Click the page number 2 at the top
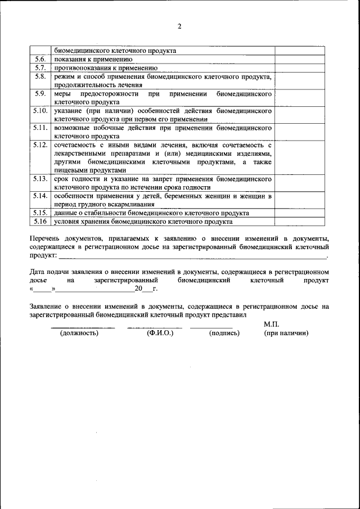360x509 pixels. click(x=179, y=26)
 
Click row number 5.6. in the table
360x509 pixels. click(x=40, y=58)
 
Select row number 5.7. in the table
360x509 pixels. click(x=40, y=67)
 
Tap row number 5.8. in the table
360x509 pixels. click(x=40, y=76)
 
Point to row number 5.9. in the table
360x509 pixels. click(x=40, y=93)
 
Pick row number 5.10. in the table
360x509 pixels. click(x=40, y=111)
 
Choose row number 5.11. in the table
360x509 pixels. click(x=40, y=128)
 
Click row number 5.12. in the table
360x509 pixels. click(x=40, y=145)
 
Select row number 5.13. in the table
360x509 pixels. click(x=40, y=178)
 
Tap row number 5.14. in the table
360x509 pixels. click(x=40, y=196)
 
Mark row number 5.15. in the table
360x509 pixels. click(x=40, y=213)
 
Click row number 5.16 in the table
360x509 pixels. click(x=40, y=221)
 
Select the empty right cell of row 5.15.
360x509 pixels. click(x=299, y=213)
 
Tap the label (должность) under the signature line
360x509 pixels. click(x=79, y=333)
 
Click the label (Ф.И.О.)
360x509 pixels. click(x=160, y=333)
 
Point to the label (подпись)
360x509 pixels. click(x=224, y=333)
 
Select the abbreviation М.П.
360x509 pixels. click(x=271, y=324)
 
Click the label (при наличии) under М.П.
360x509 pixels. click(x=286, y=333)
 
